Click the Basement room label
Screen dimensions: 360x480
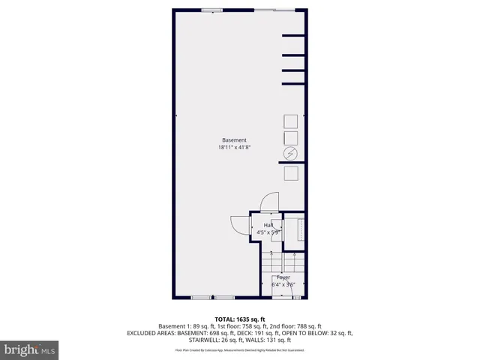pos(234,140)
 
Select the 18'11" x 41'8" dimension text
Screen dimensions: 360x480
pos(234,148)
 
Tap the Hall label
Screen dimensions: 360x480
pos(268,225)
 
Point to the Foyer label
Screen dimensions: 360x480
pos(283,277)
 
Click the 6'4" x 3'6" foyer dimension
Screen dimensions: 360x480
pos(283,284)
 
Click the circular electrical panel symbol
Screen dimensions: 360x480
pos(290,154)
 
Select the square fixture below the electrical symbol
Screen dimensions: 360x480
pos(290,172)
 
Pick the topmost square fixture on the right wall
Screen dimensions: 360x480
pos(290,121)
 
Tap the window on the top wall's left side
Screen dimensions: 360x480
pos(211,10)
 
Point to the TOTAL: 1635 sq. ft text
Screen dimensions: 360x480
pos(240,319)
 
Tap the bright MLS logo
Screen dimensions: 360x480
pos(29,349)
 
